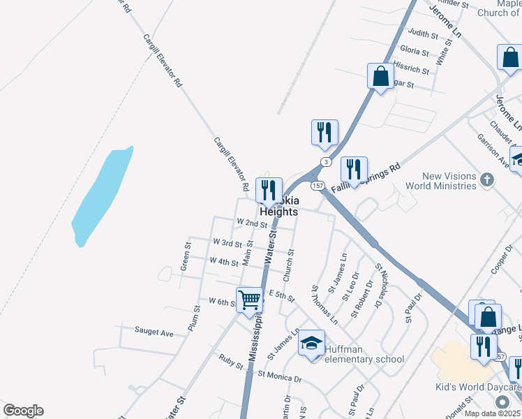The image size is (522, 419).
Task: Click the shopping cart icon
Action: tap(249, 300)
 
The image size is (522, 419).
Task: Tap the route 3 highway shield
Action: tap(325, 162)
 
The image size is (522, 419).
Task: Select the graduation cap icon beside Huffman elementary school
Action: tap(312, 343)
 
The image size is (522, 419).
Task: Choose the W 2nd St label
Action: tap(252, 223)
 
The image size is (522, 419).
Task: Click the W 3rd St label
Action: tap(228, 242)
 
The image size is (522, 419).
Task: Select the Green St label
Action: tap(186, 256)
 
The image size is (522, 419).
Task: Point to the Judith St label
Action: tap(423, 34)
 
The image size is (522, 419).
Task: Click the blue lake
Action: tap(101, 196)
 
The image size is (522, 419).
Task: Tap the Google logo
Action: tap(23, 411)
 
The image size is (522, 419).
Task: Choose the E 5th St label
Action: tap(281, 296)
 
